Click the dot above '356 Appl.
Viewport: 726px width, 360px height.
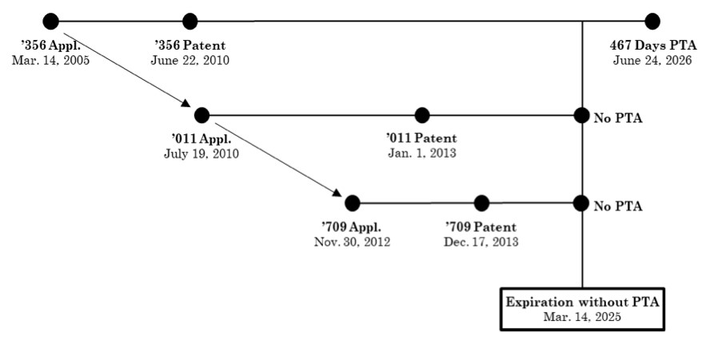pyautogui.click(x=50, y=22)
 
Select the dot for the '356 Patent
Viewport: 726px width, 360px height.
pyautogui.click(x=189, y=22)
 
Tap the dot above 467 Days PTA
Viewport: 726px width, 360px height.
pyautogui.click(x=652, y=22)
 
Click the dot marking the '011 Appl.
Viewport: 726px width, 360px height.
pyautogui.click(x=201, y=115)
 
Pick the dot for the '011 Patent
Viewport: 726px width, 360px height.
pyautogui.click(x=422, y=115)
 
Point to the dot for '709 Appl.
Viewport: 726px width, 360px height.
pyautogui.click(x=353, y=203)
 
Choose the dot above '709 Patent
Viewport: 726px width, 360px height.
pyautogui.click(x=481, y=203)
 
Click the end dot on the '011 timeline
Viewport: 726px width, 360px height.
pyautogui.click(x=581, y=115)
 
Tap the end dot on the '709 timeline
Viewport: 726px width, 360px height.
pyautogui.click(x=581, y=203)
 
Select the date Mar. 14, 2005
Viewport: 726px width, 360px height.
pyautogui.click(x=50, y=60)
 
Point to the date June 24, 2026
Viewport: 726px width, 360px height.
pyautogui.click(x=652, y=60)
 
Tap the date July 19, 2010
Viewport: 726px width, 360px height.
pyautogui.click(x=201, y=153)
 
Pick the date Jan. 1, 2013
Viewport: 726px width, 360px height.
pyautogui.click(x=422, y=153)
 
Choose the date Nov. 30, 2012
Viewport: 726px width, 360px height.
pyautogui.click(x=353, y=242)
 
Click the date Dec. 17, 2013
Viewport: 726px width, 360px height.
pyautogui.click(x=481, y=242)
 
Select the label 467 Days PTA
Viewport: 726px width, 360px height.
pyautogui.click(x=652, y=46)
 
